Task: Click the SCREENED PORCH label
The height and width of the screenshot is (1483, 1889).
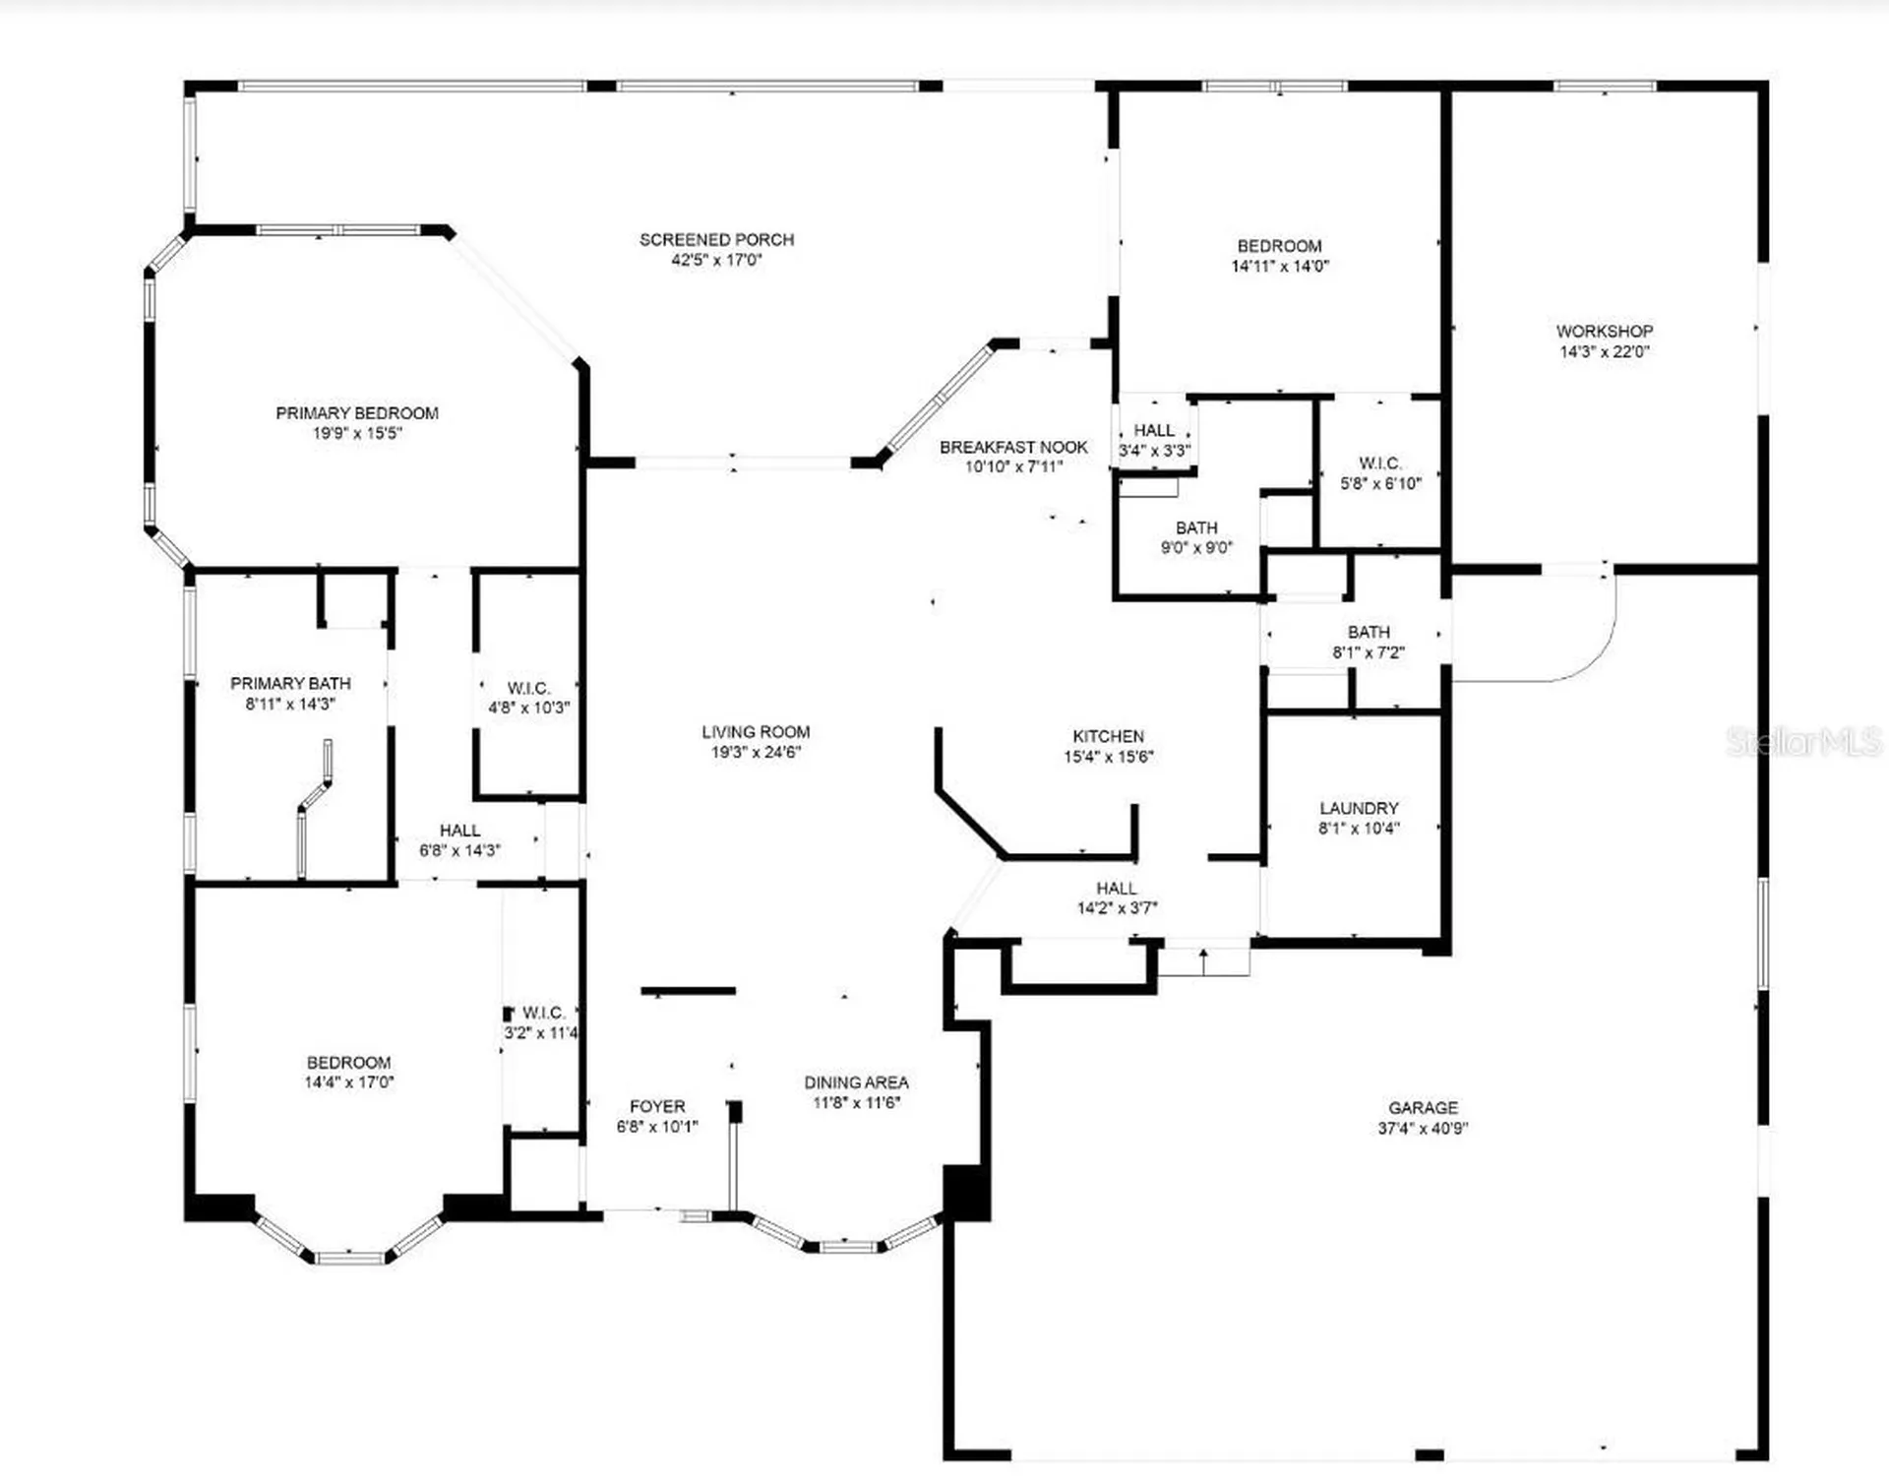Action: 716,239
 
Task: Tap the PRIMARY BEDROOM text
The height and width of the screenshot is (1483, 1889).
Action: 356,413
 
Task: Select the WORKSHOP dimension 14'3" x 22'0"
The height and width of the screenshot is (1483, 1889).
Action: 1604,351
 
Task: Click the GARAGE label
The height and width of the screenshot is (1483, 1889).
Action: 1423,1108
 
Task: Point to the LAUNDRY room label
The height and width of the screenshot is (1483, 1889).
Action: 1359,808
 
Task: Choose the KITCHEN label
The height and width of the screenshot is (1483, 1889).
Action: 1108,736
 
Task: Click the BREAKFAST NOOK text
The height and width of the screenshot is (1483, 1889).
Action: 1013,447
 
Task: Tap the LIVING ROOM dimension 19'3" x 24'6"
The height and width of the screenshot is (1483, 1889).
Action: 756,752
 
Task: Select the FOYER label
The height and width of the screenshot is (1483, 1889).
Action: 657,1106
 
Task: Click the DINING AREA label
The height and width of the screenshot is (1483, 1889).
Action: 856,1082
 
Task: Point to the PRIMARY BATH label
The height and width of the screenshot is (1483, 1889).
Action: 290,683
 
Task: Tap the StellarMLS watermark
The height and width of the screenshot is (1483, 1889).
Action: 1802,741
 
